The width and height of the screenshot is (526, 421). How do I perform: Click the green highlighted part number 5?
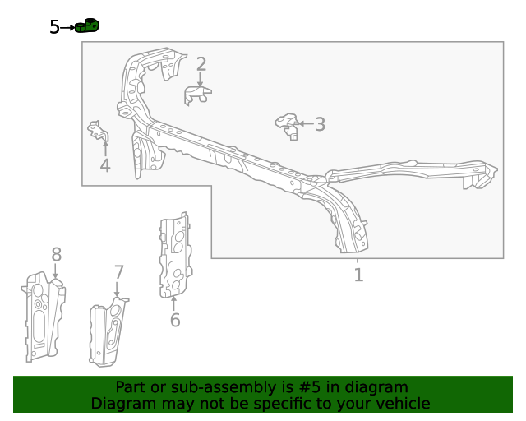pyautogui.click(x=87, y=26)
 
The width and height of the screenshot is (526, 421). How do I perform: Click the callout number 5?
pyautogui.click(x=54, y=27)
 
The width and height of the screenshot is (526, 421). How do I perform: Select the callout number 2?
pyautogui.click(x=201, y=64)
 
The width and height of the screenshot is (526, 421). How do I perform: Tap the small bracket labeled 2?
pyautogui.click(x=197, y=95)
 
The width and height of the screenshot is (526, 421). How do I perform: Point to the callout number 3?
pyautogui.click(x=320, y=124)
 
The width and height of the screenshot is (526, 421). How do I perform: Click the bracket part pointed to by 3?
pyautogui.click(x=287, y=125)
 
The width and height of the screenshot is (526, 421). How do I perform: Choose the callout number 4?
pyautogui.click(x=105, y=166)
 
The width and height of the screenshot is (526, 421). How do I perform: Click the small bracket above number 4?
pyautogui.click(x=99, y=132)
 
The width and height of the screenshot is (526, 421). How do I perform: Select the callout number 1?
pyautogui.click(x=358, y=275)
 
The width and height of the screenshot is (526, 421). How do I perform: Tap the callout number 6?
pyautogui.click(x=174, y=320)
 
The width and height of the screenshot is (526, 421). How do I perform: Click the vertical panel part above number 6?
pyautogui.click(x=174, y=255)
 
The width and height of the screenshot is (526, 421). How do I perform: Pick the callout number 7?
pyautogui.click(x=118, y=272)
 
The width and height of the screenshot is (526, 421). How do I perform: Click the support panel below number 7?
pyautogui.click(x=108, y=333)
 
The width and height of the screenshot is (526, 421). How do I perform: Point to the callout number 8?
pyautogui.click(x=56, y=255)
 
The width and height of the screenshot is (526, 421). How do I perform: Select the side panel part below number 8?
pyautogui.click(x=43, y=317)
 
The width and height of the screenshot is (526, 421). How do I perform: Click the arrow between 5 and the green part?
pyautogui.click(x=67, y=27)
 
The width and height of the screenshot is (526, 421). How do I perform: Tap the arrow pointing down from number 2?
pyautogui.click(x=201, y=80)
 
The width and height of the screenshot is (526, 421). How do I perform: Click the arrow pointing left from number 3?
pyautogui.click(x=305, y=124)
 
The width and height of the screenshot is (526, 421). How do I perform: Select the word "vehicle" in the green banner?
pyautogui.click(x=401, y=404)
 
